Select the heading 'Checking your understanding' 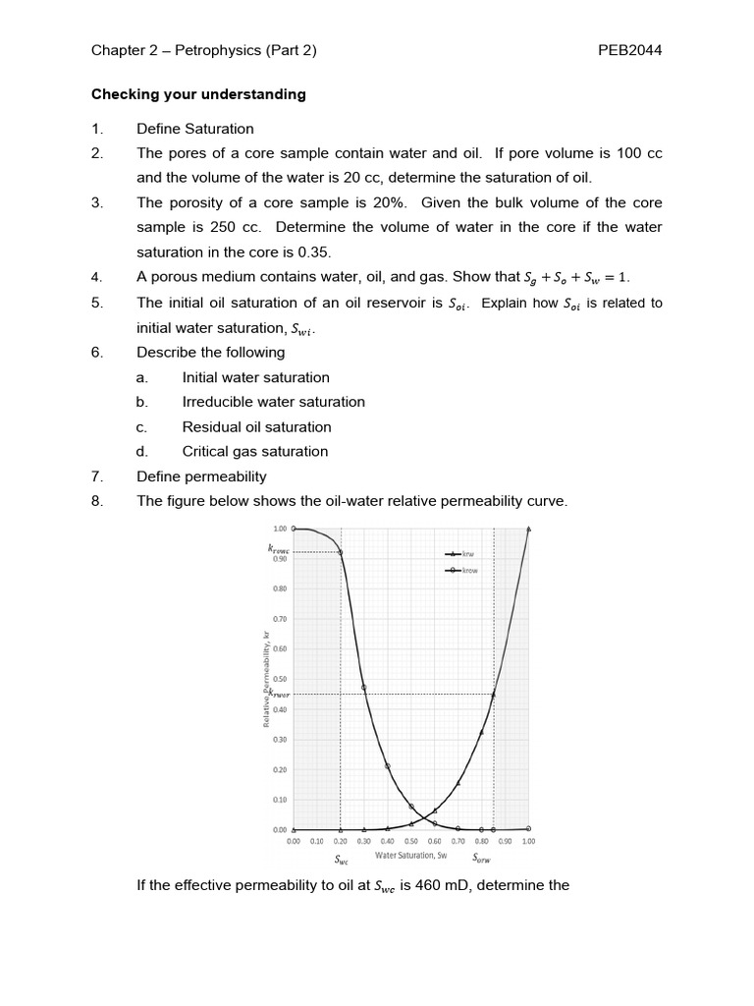pos(198,94)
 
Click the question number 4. pos(96,278)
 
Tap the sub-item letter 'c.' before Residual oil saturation pos(142,426)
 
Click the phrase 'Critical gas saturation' pos(255,452)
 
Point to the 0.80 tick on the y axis pos(279,589)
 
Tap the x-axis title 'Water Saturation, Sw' pos(411,856)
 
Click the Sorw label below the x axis pos(482,858)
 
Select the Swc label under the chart pos(341,860)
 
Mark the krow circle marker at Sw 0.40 pos(388,766)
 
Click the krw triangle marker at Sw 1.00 pos(529,529)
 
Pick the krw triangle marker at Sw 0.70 pos(458,783)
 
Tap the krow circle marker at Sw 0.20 pos(341,552)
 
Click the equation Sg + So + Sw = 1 pos(576,278)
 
